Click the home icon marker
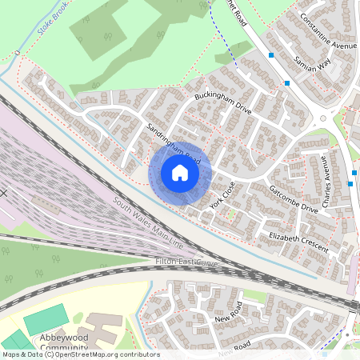(180, 172)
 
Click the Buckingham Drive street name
(223, 102)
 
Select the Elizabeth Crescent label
(298, 242)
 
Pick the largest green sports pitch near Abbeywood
(46, 321)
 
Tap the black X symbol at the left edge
(3, 193)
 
